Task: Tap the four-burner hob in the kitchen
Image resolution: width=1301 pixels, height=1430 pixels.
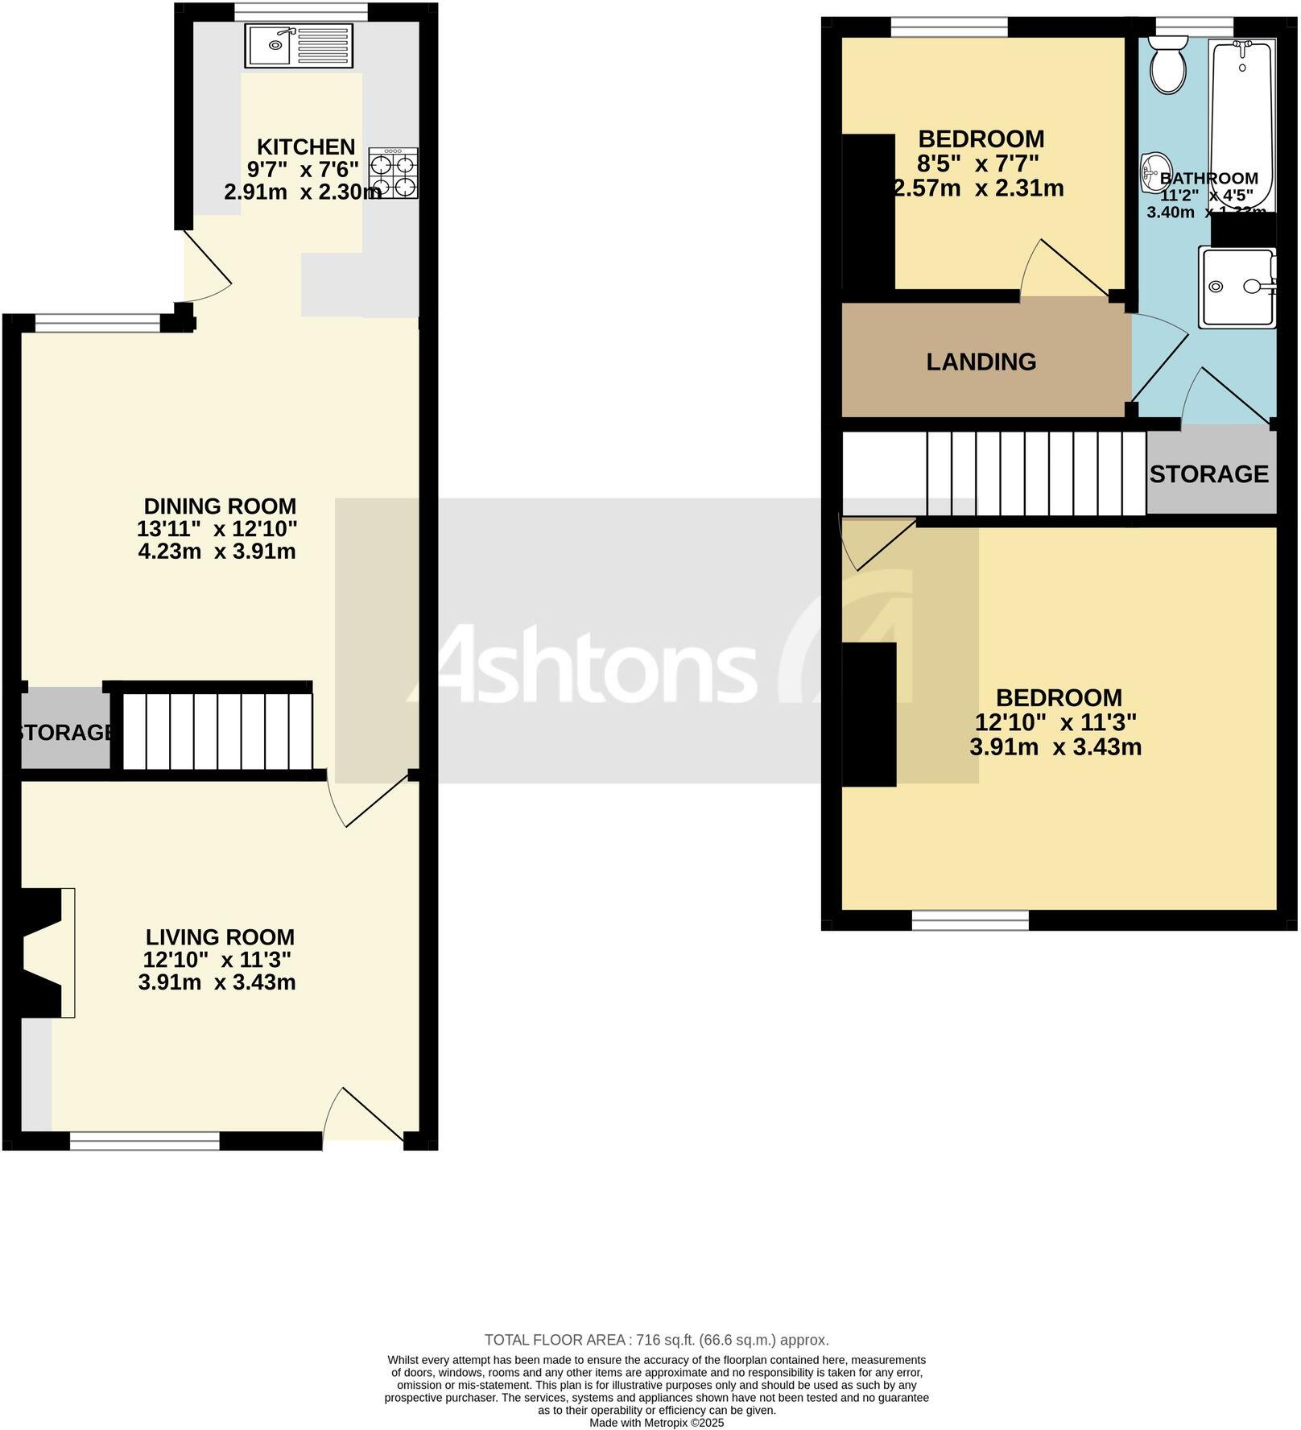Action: pyautogui.click(x=394, y=174)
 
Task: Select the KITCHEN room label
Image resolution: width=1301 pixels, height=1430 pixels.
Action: pyautogui.click(x=306, y=147)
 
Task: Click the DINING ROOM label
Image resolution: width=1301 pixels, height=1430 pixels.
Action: pyautogui.click(x=220, y=506)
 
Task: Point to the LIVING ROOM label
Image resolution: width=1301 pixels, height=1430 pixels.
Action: pyautogui.click(x=220, y=937)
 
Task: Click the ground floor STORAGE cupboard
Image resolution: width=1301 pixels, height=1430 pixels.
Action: pyautogui.click(x=64, y=732)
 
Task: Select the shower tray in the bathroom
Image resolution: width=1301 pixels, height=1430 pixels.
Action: pyautogui.click(x=1237, y=287)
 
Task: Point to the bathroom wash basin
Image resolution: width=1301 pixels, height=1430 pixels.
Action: pyautogui.click(x=1153, y=173)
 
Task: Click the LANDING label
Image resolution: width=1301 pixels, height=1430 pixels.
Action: pyautogui.click(x=981, y=362)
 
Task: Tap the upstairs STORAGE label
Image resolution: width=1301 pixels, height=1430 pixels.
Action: pyautogui.click(x=1208, y=474)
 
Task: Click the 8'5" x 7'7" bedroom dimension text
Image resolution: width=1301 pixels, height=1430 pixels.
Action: pyautogui.click(x=978, y=164)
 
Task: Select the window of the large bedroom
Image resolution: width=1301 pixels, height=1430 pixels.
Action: pyautogui.click(x=970, y=920)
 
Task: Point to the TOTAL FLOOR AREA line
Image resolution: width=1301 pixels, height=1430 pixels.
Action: pyautogui.click(x=656, y=1340)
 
